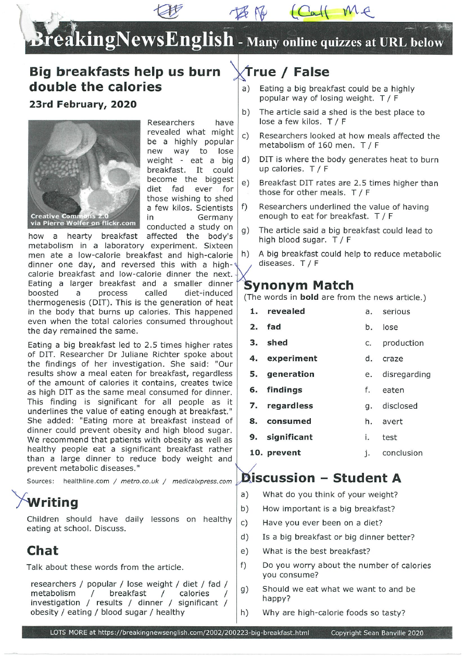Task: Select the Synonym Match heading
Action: click(x=299, y=285)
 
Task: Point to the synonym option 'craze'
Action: click(x=393, y=359)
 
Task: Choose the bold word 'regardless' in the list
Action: click(x=290, y=406)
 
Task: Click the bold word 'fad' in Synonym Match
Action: click(x=274, y=327)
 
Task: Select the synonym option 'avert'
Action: click(x=393, y=421)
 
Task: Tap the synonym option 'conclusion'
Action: click(x=402, y=453)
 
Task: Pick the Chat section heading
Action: click(x=43, y=550)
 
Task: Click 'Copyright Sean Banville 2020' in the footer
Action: click(x=377, y=633)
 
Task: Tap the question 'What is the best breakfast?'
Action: click(x=316, y=551)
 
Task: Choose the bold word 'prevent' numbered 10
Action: click(x=284, y=453)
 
